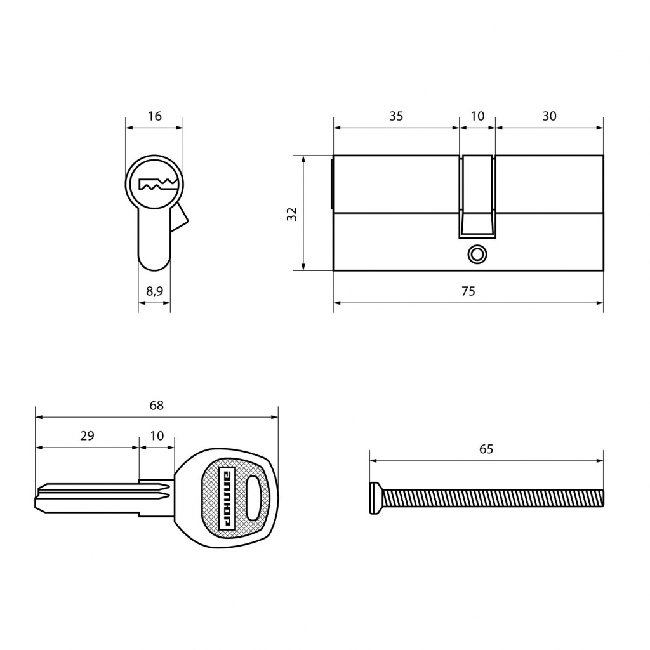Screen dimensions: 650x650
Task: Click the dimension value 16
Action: click(x=155, y=116)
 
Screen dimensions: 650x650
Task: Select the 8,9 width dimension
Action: click(x=155, y=291)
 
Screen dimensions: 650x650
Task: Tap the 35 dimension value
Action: click(x=396, y=116)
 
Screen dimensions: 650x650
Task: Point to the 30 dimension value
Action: click(x=549, y=116)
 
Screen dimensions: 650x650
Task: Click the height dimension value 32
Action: click(x=292, y=214)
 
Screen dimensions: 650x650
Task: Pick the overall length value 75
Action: click(x=468, y=291)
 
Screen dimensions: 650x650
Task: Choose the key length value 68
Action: click(x=156, y=405)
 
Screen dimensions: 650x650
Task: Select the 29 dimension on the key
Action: click(x=87, y=435)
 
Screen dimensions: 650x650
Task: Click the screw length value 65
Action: click(x=486, y=449)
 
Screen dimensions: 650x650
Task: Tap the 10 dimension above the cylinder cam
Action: click(x=477, y=116)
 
